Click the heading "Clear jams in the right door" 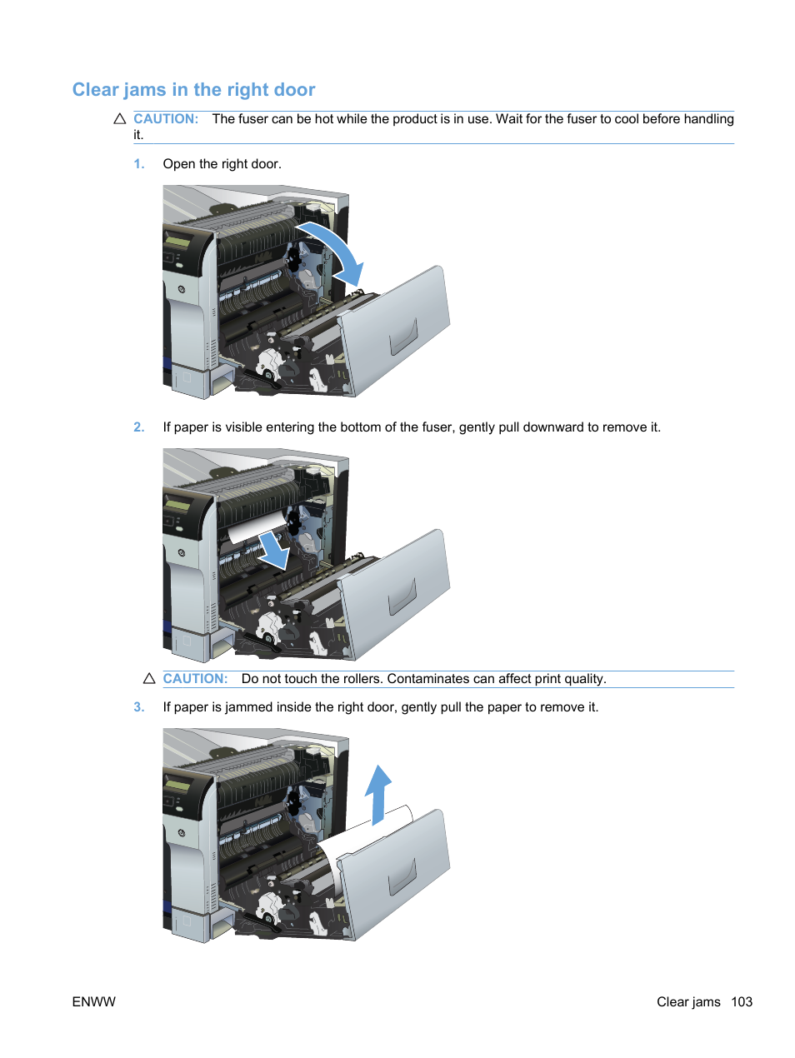[193, 90]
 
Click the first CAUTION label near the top [166, 119]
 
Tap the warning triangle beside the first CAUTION [120, 119]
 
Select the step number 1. [139, 164]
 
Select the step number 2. [139, 427]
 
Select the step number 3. [139, 707]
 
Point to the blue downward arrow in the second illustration [273, 551]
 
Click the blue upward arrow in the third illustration [378, 793]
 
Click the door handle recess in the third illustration [404, 877]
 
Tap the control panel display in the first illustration [177, 242]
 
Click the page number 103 [742, 1002]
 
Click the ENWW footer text [94, 1002]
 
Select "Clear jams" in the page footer [688, 1002]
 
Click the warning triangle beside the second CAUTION [149, 679]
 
